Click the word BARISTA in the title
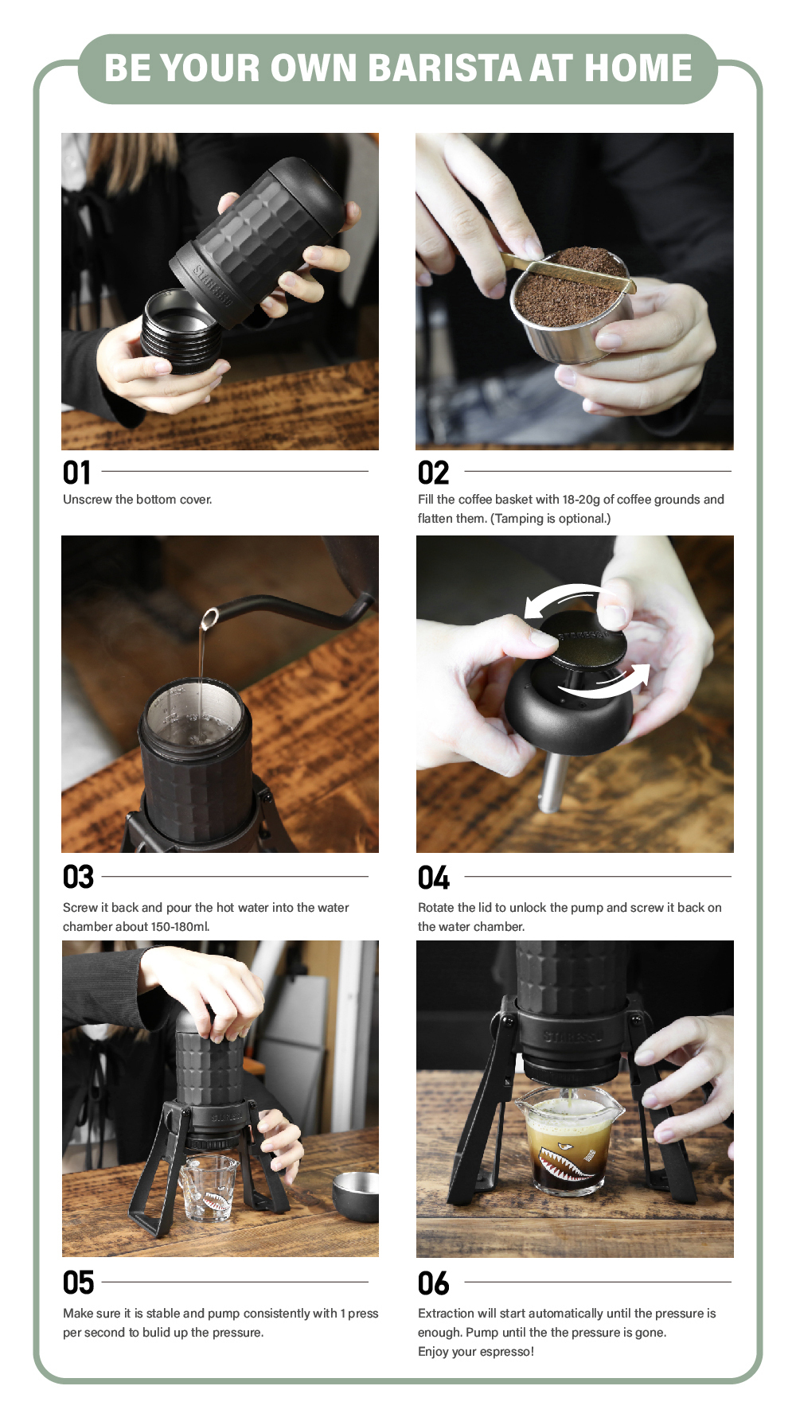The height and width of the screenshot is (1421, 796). click(444, 68)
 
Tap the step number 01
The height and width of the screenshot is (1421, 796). click(77, 473)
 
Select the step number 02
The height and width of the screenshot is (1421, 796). click(434, 473)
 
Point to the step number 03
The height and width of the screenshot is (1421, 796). click(78, 877)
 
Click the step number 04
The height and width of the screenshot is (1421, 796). click(434, 878)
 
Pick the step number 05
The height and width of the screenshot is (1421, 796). click(78, 1283)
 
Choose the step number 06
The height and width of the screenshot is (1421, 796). click(434, 1283)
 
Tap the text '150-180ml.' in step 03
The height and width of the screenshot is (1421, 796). click(180, 926)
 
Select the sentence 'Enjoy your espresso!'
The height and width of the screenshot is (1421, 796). click(476, 1351)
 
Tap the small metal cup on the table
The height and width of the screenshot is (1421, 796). click(356, 1196)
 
